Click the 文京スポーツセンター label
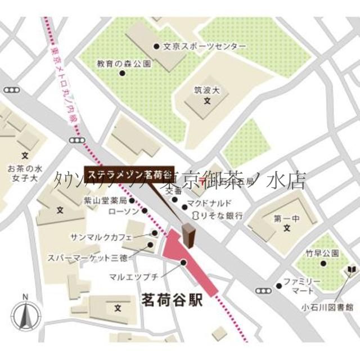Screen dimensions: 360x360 pos(204,46)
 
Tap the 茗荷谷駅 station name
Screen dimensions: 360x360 pos(169,301)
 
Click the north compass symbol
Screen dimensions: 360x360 pos(25,316)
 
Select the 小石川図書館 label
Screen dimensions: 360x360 pos(334,307)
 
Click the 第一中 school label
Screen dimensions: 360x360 pos(286,218)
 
